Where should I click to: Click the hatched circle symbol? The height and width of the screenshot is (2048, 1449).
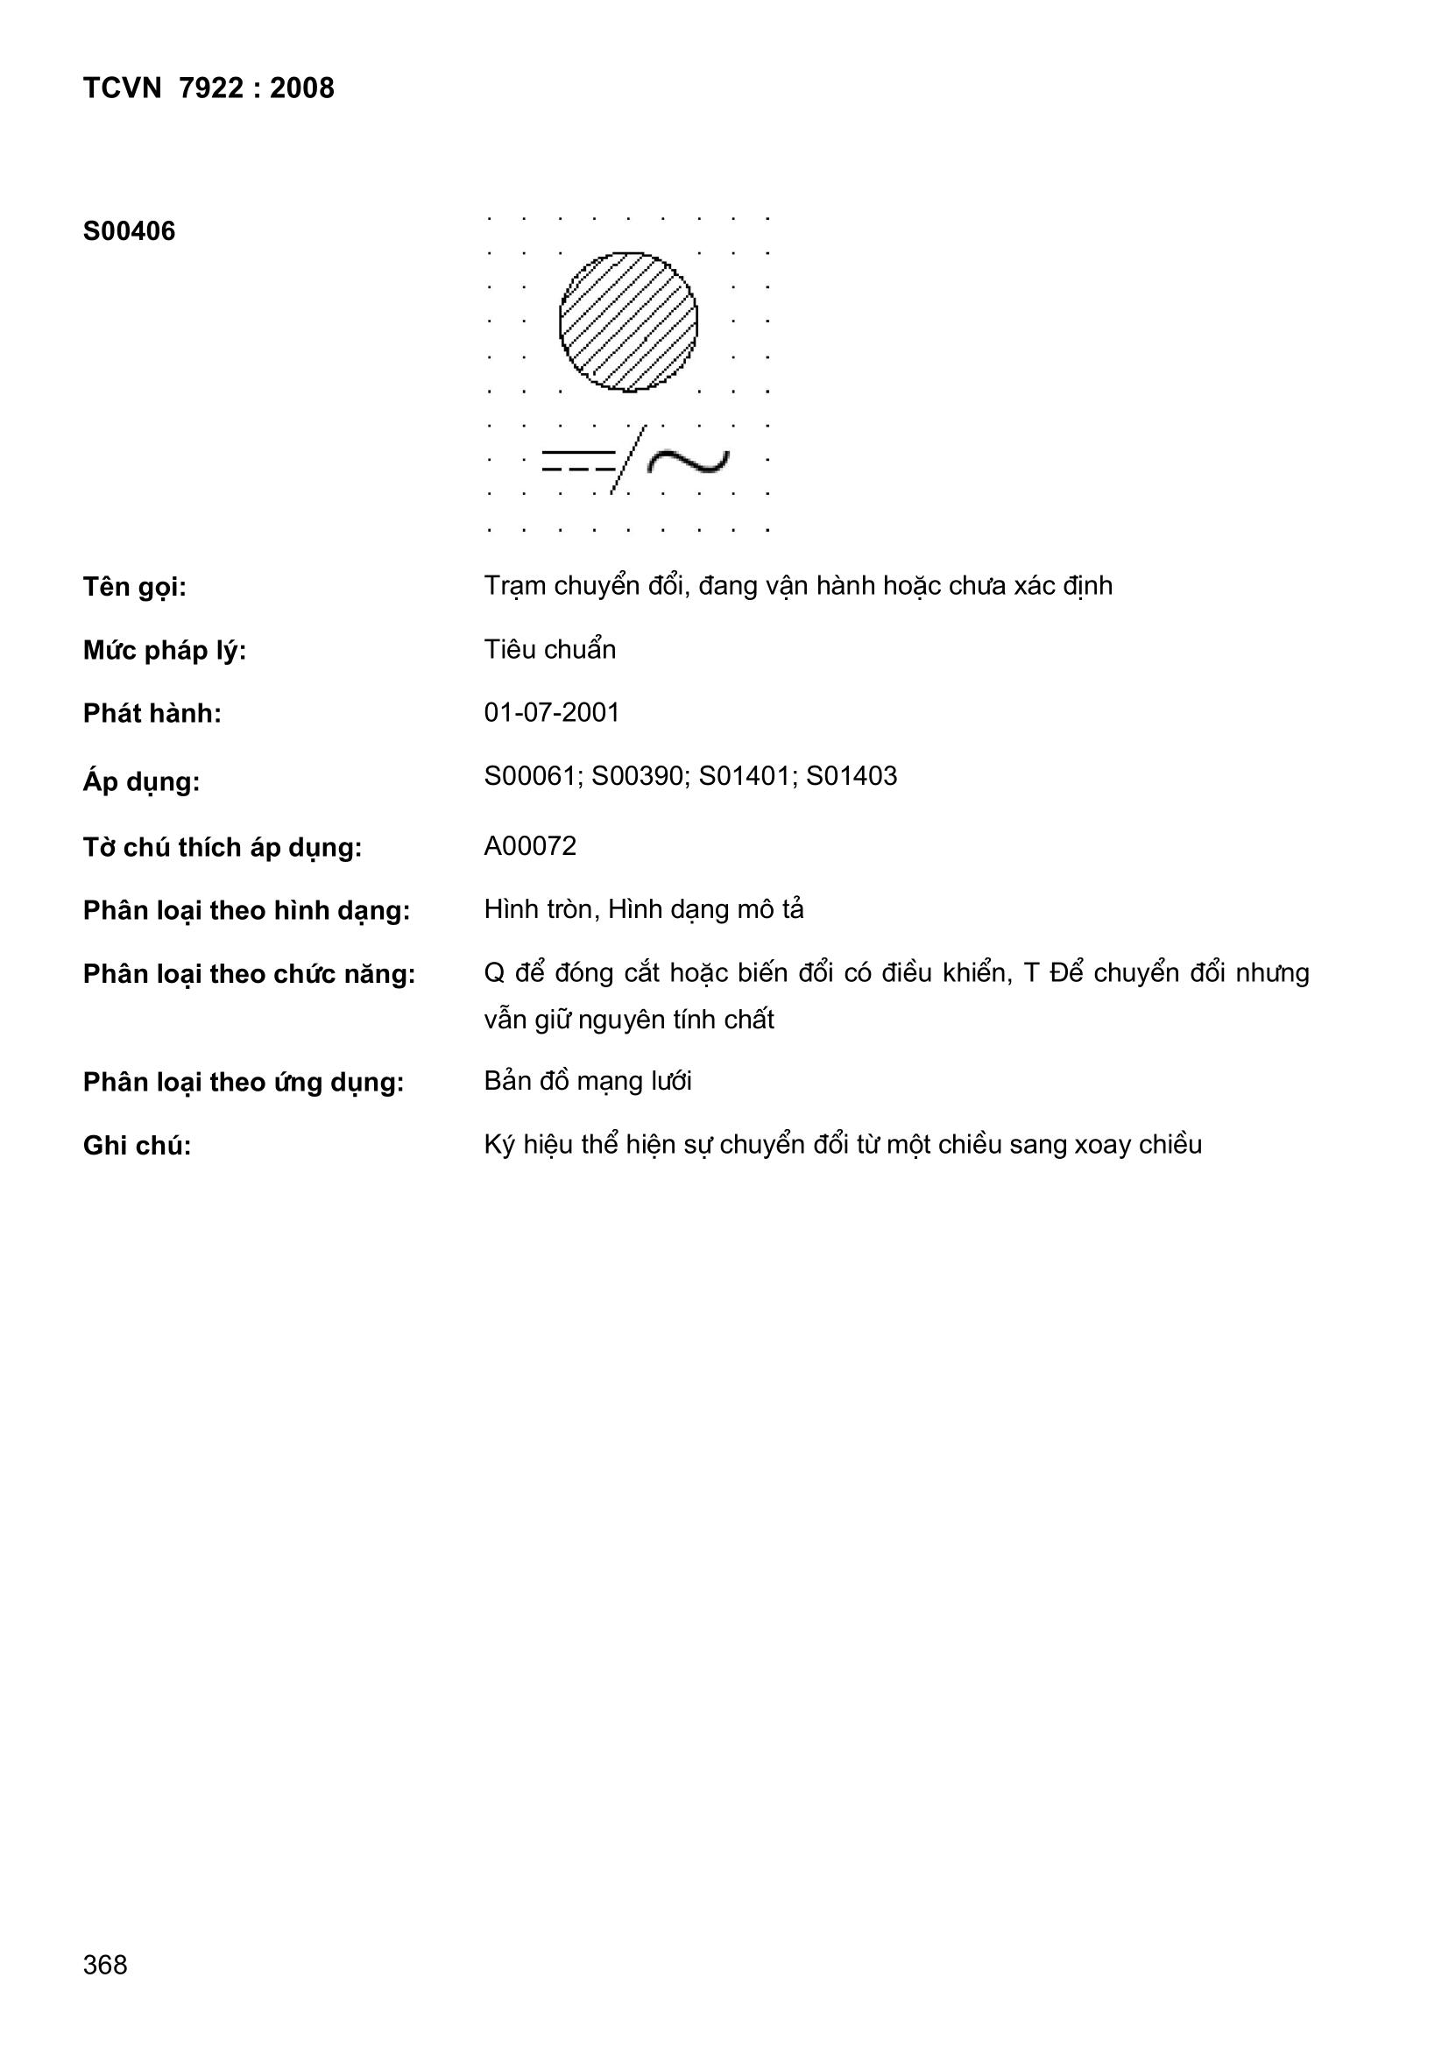coord(628,322)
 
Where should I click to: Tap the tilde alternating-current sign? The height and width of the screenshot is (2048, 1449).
coord(688,460)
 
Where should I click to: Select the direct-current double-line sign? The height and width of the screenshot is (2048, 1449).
coord(578,460)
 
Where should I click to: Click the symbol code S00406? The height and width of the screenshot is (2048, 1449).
coord(130,232)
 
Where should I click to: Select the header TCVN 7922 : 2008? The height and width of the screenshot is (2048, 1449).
coord(209,88)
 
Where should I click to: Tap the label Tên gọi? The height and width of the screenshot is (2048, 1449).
coord(135,588)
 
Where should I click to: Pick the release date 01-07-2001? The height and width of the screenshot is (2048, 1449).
coord(551,713)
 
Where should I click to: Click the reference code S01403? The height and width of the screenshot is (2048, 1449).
coord(852,776)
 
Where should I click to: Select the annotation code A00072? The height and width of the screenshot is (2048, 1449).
coord(530,845)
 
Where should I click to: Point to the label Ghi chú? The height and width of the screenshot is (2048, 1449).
coord(138,1145)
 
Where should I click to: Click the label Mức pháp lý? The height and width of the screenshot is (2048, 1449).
coord(164,651)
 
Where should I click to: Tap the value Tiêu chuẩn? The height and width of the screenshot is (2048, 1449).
coord(549,649)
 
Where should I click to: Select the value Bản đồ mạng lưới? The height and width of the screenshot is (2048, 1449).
coord(588,1081)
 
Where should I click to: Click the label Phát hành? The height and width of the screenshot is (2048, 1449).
coord(152,714)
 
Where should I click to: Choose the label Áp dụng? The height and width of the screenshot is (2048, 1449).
coord(141,781)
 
